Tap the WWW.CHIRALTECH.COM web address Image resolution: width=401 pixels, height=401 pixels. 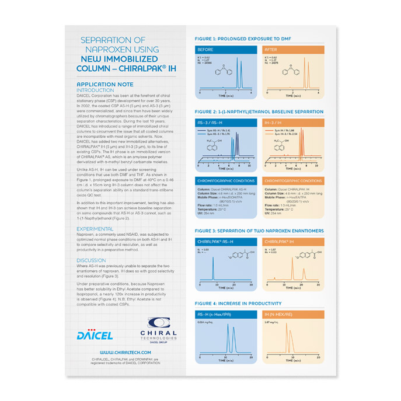121,353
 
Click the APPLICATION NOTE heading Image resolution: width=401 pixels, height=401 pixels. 101,84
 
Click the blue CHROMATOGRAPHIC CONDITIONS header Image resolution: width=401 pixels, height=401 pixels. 225,181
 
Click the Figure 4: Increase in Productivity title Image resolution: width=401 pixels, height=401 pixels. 238,304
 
